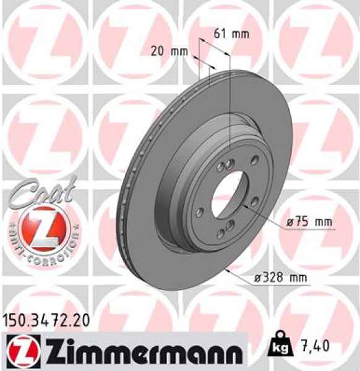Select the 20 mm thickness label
[x=169, y=51]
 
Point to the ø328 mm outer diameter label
[x=281, y=278]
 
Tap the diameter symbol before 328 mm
[x=259, y=278]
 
